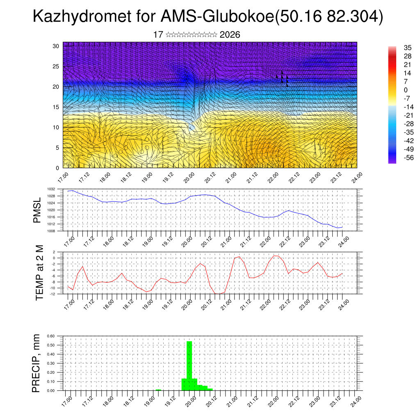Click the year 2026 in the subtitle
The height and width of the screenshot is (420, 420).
(230, 35)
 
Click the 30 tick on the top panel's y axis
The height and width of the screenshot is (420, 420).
(56, 46)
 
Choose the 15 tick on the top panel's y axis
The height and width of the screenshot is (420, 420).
(56, 107)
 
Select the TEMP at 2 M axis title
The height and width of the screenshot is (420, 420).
(40, 273)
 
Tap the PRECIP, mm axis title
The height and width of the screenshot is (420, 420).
(37, 363)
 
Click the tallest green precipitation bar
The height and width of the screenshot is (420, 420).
(189, 365)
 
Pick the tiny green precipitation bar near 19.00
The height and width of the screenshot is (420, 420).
(158, 390)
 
